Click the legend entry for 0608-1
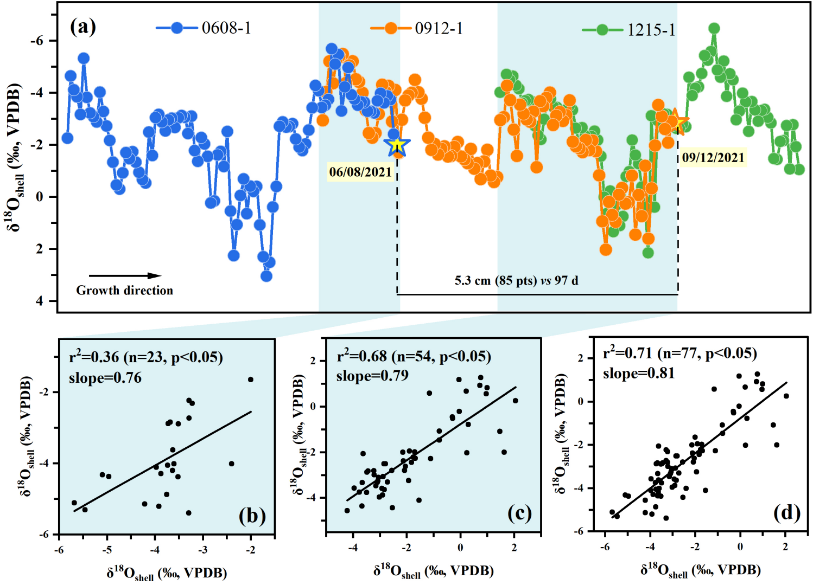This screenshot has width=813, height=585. coord(204,28)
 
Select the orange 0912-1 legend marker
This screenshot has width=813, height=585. coord(391,28)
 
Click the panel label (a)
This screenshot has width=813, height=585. coord(83,26)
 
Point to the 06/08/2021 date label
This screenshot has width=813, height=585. coord(360,172)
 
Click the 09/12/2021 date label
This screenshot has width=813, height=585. coord(713,158)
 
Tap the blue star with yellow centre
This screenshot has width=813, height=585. coord(397,145)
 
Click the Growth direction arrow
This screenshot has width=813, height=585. coord(125,276)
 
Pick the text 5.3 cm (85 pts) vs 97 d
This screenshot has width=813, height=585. coord(516,280)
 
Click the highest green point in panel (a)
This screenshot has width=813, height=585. coord(714,28)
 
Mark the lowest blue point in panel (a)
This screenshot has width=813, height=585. coord(266,276)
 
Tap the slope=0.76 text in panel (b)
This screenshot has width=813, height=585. coord(105,377)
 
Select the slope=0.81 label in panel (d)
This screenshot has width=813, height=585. coord(639,373)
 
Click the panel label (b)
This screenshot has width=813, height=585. coord(252,515)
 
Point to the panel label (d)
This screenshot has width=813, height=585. coord(787,512)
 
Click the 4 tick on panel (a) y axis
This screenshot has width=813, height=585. coord(39,301)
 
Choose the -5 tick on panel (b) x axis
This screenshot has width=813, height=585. coord(107,550)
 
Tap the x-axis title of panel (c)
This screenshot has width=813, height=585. coord(433,571)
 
